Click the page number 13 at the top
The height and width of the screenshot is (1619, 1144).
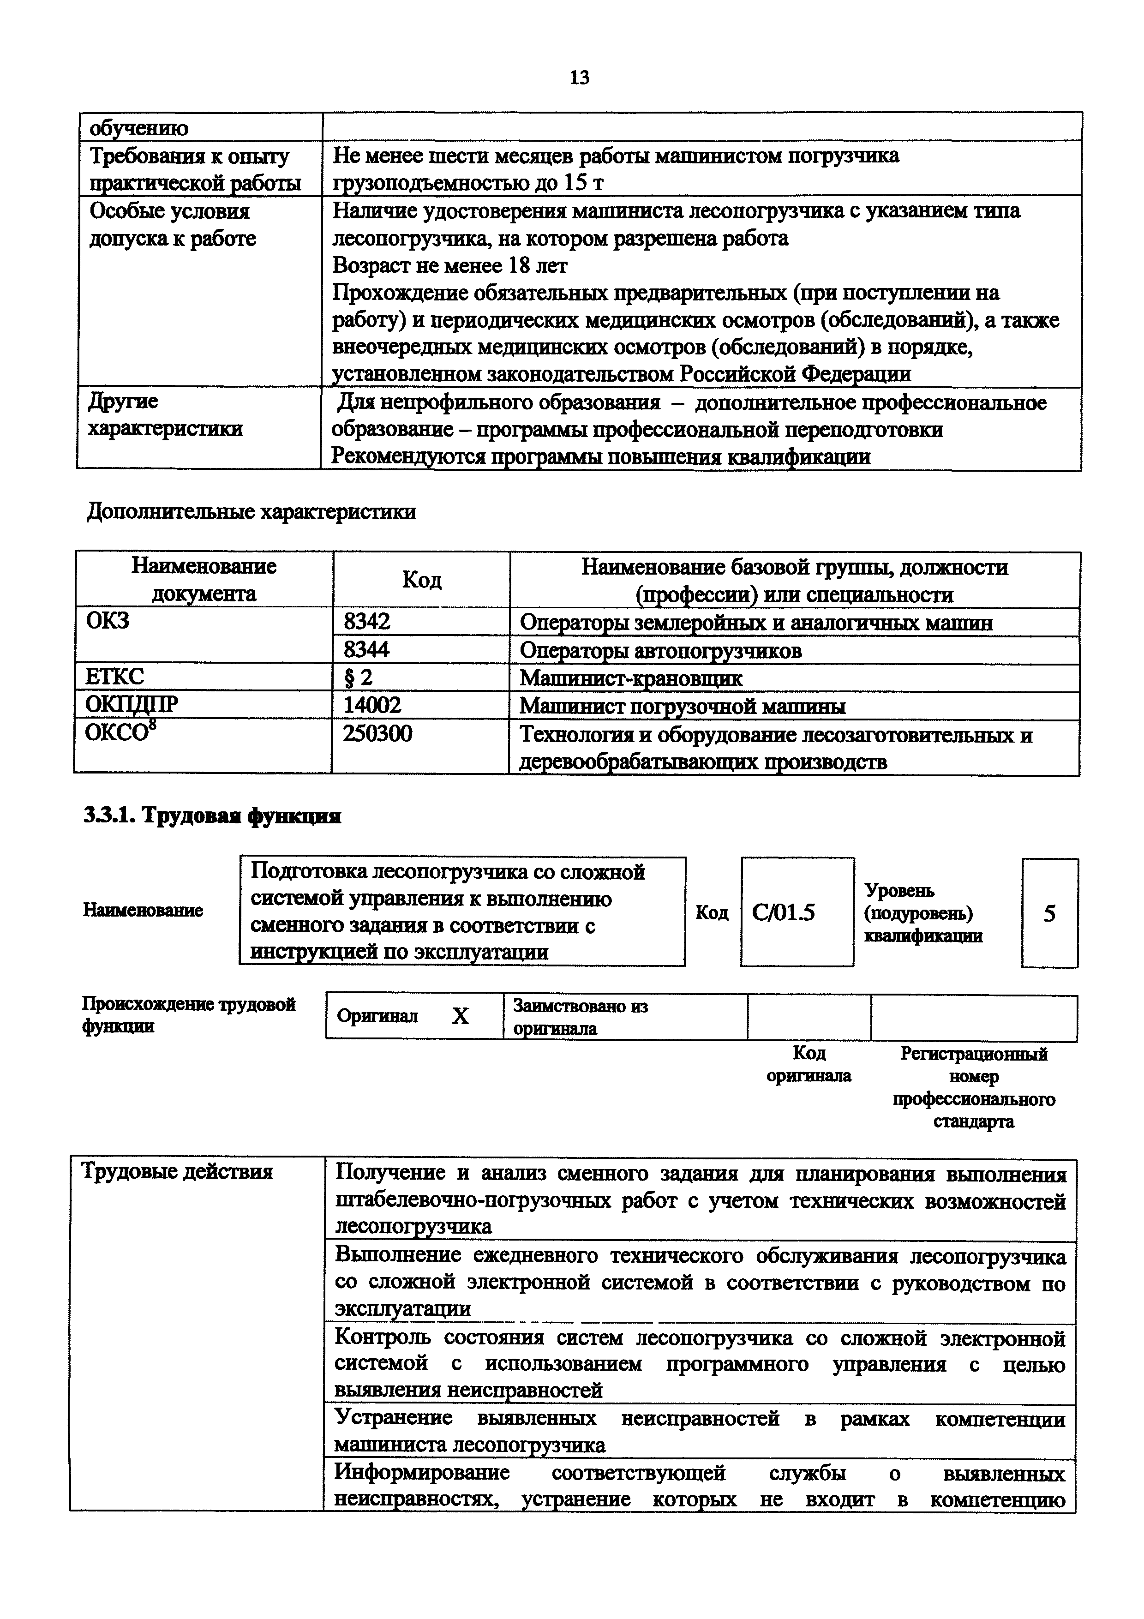click(x=579, y=78)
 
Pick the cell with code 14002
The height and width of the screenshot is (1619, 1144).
click(x=371, y=705)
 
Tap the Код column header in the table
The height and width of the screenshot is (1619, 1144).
click(x=421, y=580)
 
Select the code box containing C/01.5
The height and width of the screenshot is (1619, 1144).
click(x=797, y=912)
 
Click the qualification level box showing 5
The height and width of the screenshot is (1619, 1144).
click(x=1049, y=913)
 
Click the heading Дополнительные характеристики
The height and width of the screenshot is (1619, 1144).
click(x=251, y=511)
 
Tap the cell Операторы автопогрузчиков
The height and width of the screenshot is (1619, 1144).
click(x=660, y=650)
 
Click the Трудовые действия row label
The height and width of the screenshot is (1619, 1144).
click(x=177, y=1172)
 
